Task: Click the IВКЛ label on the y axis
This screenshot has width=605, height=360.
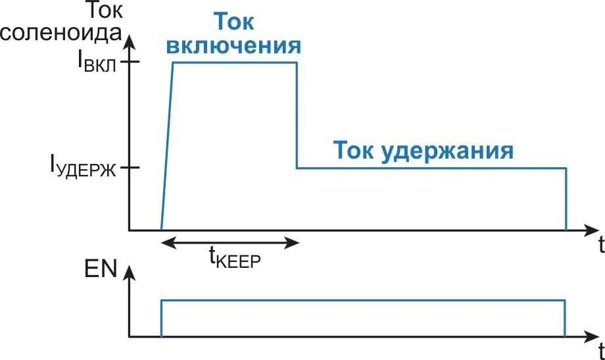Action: [x=99, y=63]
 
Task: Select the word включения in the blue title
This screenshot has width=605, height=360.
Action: [x=234, y=46]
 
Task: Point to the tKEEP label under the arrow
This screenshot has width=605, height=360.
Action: [x=235, y=257]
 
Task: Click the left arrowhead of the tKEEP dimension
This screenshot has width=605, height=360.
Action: [x=166, y=243]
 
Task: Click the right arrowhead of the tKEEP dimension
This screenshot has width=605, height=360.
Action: [x=294, y=243]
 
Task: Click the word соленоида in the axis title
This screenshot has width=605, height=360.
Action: [x=61, y=33]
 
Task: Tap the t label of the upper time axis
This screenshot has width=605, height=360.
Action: [x=600, y=246]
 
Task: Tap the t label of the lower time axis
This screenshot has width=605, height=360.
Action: [x=600, y=348]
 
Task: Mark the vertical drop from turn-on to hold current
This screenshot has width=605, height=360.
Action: [x=297, y=115]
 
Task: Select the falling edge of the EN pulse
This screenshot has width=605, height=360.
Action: [x=565, y=319]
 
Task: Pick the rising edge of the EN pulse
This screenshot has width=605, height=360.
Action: [x=161, y=319]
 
